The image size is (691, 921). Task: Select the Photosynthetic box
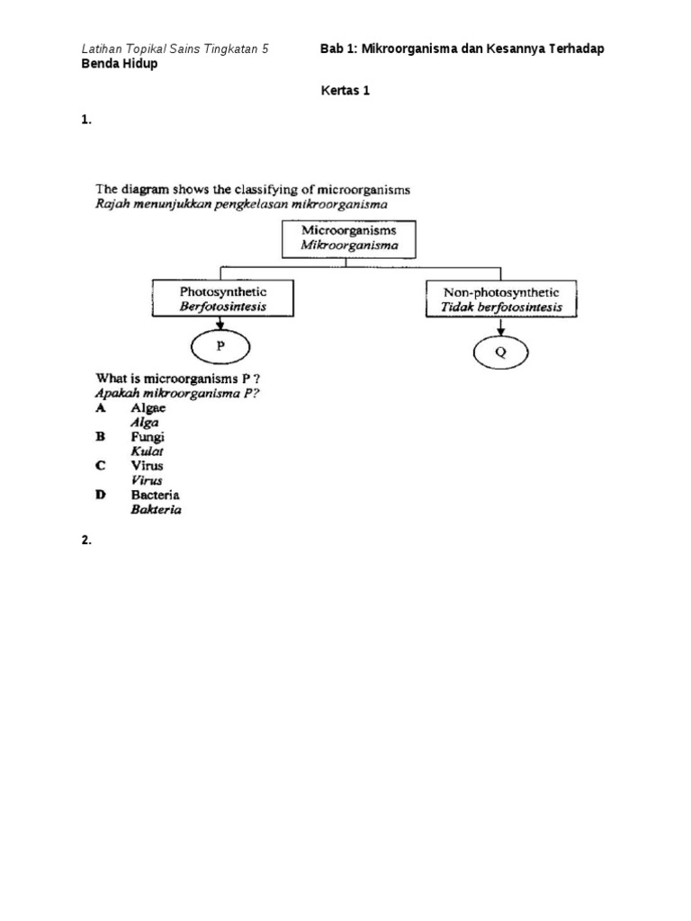(222, 299)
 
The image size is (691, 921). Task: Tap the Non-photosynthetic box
(501, 300)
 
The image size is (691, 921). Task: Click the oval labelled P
(220, 346)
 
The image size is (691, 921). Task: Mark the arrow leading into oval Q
(501, 329)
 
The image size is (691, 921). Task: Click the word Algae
(148, 407)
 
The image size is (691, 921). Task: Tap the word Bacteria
(156, 495)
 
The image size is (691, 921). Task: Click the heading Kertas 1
(345, 90)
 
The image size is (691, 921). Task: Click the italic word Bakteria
(157, 509)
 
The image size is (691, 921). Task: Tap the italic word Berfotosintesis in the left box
(222, 307)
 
